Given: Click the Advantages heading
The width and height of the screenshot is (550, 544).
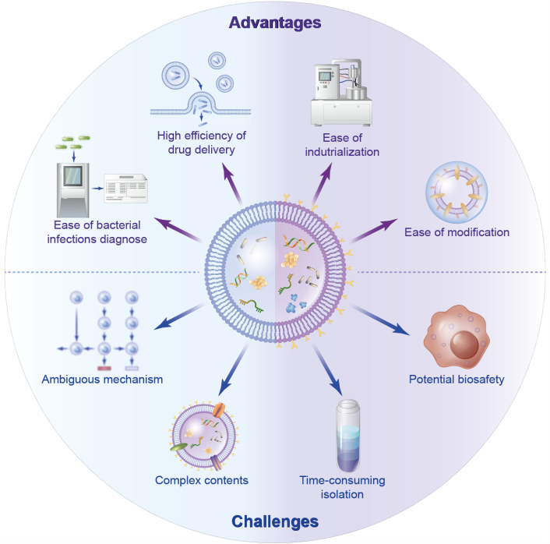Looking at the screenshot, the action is pyautogui.click(x=275, y=23).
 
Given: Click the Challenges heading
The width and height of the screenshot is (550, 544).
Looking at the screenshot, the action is pyautogui.click(x=275, y=521).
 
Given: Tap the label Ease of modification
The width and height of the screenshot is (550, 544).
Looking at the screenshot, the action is pyautogui.click(x=457, y=232).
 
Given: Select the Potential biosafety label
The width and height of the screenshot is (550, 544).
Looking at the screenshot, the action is pyautogui.click(x=457, y=380).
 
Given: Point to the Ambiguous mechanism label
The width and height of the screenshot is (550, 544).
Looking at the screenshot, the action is pyautogui.click(x=102, y=380).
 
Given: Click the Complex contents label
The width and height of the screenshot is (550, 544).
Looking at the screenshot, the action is pyautogui.click(x=202, y=480).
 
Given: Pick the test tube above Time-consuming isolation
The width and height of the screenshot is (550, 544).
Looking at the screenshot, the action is pyautogui.click(x=348, y=436).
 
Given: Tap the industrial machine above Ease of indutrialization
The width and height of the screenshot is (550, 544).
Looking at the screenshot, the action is pyautogui.click(x=341, y=93).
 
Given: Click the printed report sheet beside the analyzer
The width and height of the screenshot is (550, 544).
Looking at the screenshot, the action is pyautogui.click(x=125, y=189).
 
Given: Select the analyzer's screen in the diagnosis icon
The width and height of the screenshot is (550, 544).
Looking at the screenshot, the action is pyautogui.click(x=72, y=176).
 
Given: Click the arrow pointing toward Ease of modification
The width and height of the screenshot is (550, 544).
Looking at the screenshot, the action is pyautogui.click(x=374, y=231).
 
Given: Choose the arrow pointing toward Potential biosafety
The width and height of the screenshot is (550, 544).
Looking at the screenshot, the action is pyautogui.click(x=380, y=320).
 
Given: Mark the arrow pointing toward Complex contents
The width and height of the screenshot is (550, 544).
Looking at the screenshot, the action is pyautogui.click(x=233, y=369).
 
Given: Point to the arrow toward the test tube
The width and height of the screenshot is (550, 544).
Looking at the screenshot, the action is pyautogui.click(x=327, y=371).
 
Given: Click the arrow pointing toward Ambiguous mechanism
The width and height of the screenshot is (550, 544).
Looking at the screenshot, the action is pyautogui.click(x=179, y=317).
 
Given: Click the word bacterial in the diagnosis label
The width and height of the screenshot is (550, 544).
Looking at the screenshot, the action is pyautogui.click(x=118, y=225).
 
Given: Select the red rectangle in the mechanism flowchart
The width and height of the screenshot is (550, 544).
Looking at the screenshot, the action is pyautogui.click(x=104, y=368).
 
